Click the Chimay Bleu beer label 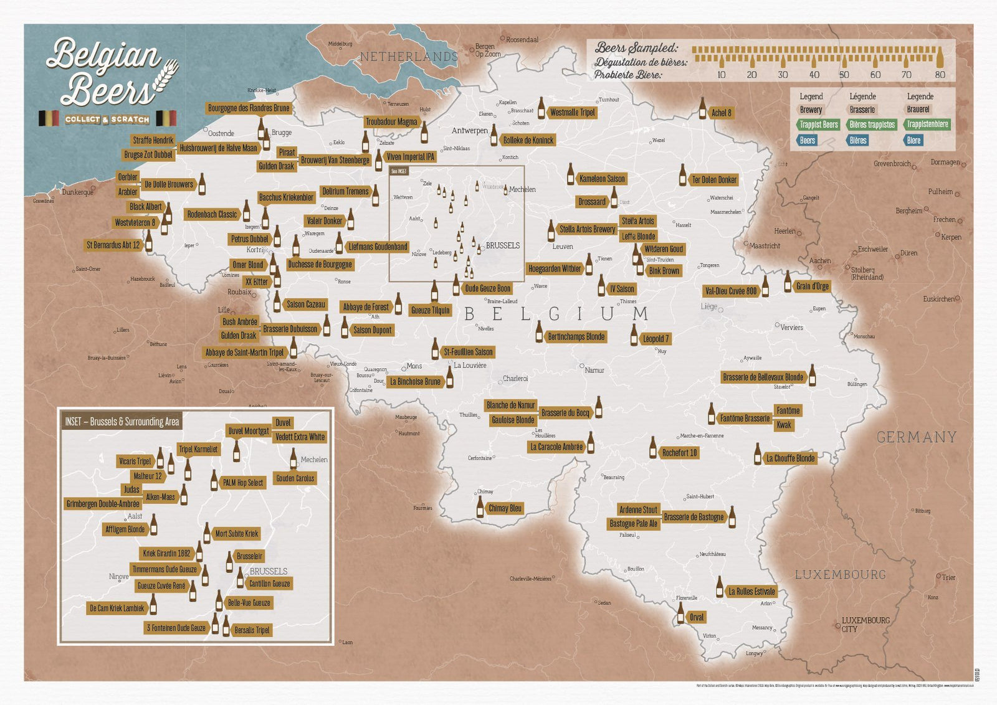[505, 508]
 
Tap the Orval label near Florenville [696, 617]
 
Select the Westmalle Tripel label [572, 112]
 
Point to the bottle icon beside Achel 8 [702, 108]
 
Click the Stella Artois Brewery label [586, 229]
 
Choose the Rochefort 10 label [679, 453]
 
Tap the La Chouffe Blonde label [789, 458]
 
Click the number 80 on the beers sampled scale [940, 75]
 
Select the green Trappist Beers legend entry [818, 125]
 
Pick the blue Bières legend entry [857, 140]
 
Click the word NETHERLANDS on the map [409, 57]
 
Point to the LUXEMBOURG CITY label [865, 624]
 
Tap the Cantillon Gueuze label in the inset [269, 584]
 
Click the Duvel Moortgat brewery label [248, 431]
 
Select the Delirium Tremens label [345, 191]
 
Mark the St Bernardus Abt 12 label [113, 245]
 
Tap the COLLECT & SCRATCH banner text [107, 119]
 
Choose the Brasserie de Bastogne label [694, 517]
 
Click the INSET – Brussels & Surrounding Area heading [122, 422]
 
